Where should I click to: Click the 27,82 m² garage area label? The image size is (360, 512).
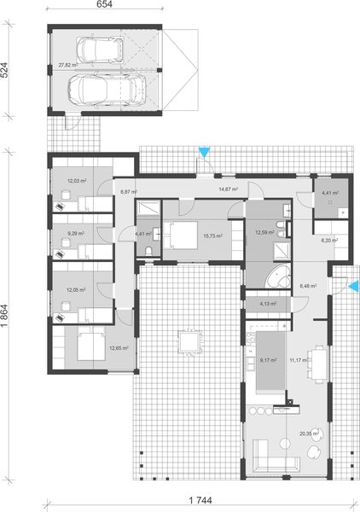tap(67, 65)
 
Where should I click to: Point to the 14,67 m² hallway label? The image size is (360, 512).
tap(228, 189)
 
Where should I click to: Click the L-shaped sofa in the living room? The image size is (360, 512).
tap(273, 463)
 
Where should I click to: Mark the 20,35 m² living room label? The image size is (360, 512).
tap(309, 433)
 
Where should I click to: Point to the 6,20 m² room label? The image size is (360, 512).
tap(328, 241)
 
